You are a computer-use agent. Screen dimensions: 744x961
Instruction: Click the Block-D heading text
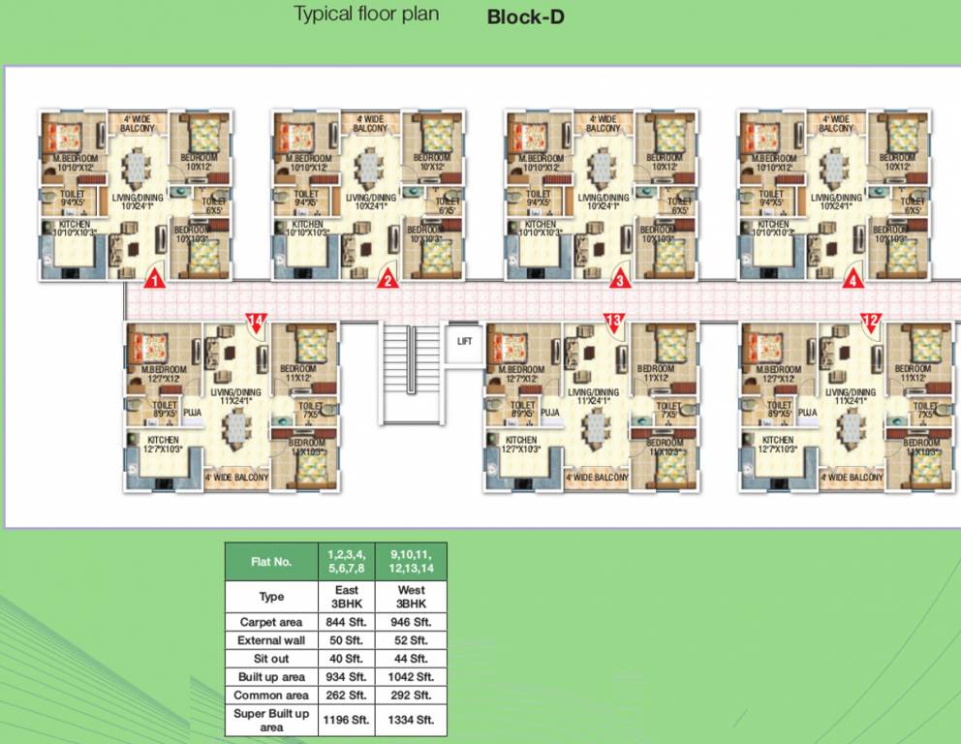[x=525, y=16]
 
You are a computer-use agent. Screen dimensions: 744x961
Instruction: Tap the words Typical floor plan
[x=366, y=15]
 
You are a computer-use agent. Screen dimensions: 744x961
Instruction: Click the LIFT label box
[x=464, y=340]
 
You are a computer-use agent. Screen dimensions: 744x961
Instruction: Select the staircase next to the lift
[x=410, y=372]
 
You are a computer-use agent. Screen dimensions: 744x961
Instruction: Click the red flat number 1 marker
[x=152, y=281]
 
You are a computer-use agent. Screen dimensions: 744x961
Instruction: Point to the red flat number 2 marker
[x=387, y=281]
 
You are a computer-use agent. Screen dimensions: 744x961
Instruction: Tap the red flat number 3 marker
[x=619, y=281]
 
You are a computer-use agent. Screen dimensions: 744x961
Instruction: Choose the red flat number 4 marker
[x=852, y=281]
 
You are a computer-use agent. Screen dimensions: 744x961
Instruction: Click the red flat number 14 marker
[x=256, y=321]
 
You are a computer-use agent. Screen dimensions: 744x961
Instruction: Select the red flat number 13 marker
[x=613, y=321]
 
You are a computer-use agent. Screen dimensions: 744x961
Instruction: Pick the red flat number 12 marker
[x=870, y=321]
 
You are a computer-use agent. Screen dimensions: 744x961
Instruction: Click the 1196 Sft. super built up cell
[x=346, y=720]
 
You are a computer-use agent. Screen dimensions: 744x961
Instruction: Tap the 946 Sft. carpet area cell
[x=411, y=622]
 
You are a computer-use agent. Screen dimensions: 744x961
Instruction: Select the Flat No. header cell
[x=271, y=562]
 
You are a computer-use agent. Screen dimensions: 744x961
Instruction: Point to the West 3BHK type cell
[x=411, y=596]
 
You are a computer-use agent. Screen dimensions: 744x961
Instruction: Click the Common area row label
[x=271, y=696]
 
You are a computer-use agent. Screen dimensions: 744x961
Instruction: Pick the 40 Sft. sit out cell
[x=346, y=659]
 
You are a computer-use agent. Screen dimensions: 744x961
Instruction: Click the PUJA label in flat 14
[x=192, y=412]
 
